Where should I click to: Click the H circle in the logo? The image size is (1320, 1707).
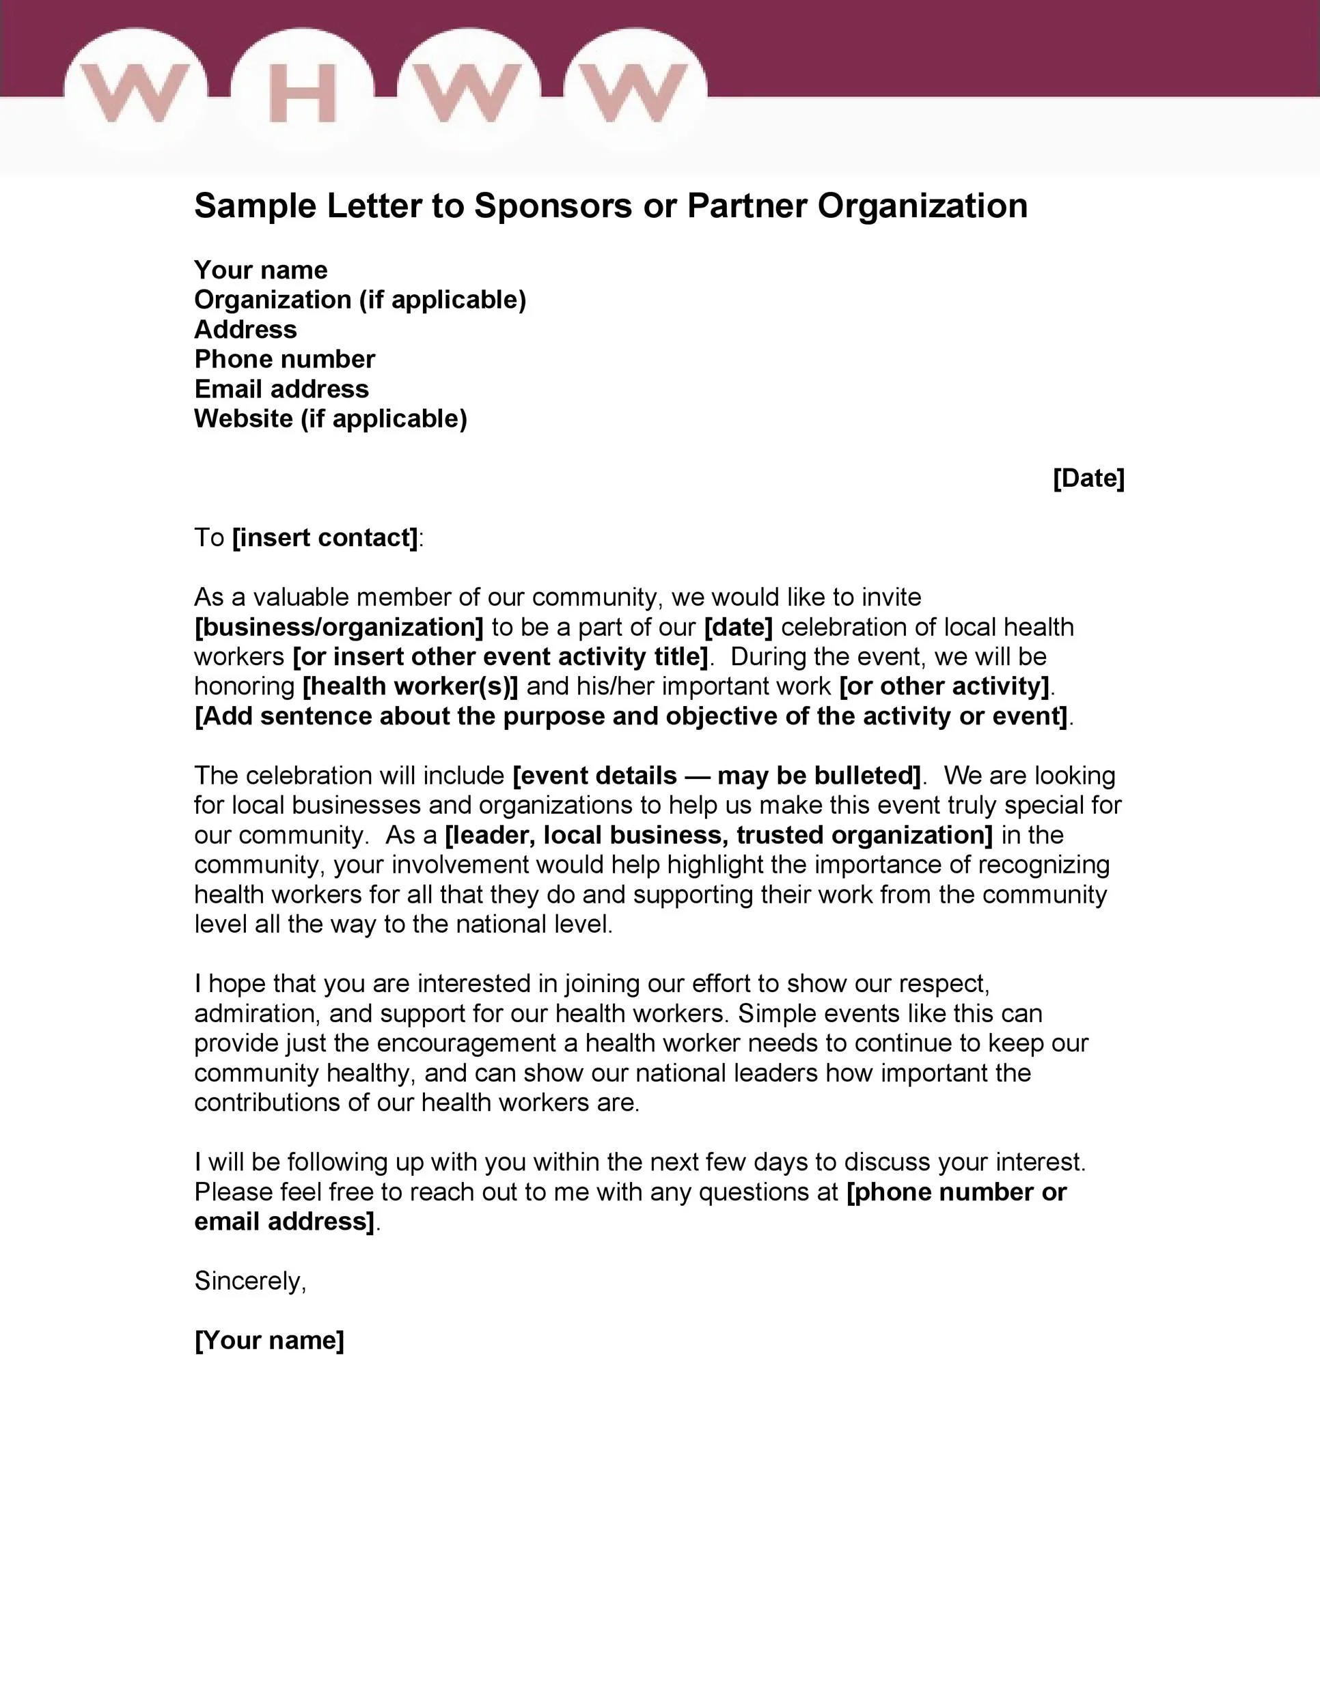tap(303, 92)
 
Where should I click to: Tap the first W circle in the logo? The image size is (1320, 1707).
tap(135, 92)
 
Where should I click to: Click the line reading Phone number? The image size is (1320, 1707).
tap(285, 360)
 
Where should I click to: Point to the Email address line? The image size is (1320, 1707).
tap(281, 389)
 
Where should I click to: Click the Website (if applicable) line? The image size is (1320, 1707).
tap(330, 419)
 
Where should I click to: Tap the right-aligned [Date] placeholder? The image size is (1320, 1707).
tap(1088, 479)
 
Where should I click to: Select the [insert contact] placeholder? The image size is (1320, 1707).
tap(325, 538)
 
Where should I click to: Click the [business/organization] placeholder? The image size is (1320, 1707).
tap(340, 627)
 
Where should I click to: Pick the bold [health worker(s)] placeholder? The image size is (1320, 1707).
tap(411, 686)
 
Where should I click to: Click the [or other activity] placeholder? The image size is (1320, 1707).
tap(944, 686)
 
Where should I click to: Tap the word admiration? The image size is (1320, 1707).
tap(258, 1014)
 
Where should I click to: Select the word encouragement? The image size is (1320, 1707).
tap(477, 1043)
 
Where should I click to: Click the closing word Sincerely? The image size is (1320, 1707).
tap(249, 1281)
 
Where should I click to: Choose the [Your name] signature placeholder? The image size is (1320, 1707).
tap(269, 1340)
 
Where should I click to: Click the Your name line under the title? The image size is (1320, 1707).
tap(260, 270)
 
